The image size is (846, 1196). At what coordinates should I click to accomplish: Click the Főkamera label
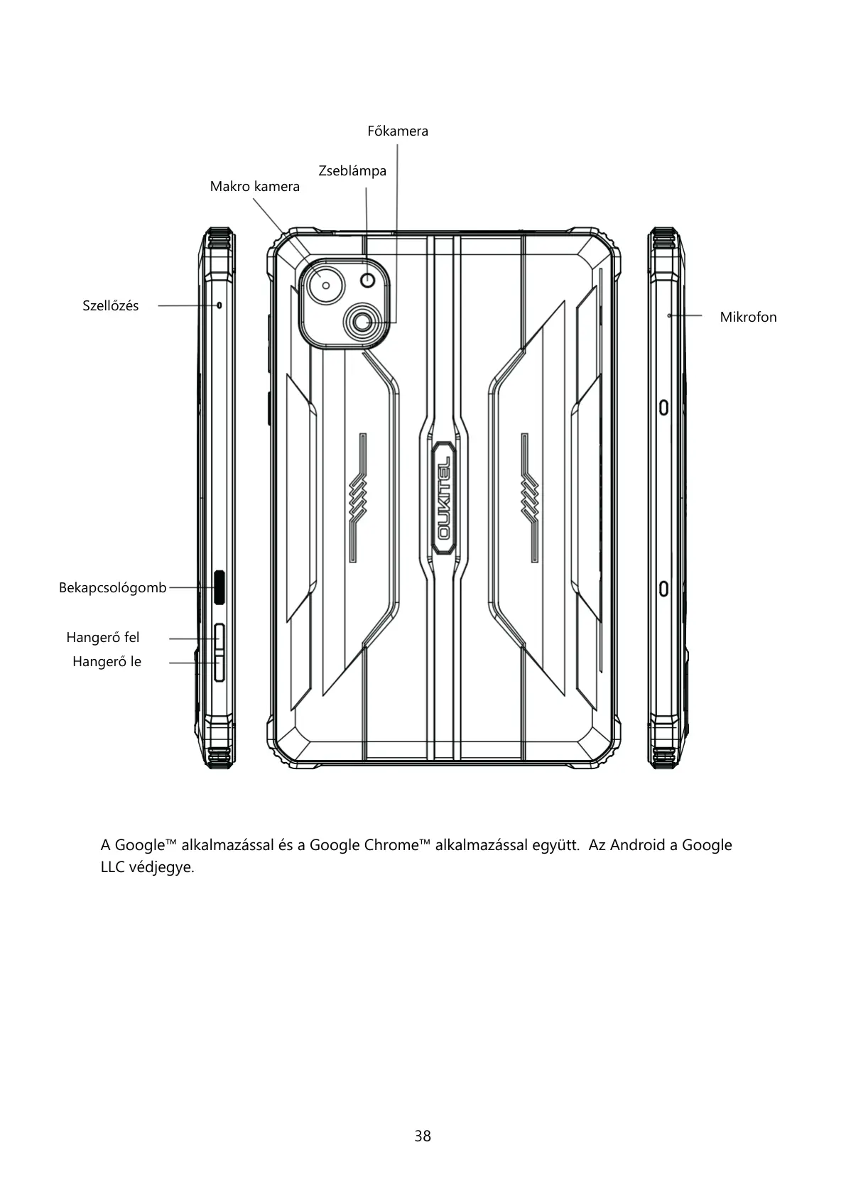(398, 131)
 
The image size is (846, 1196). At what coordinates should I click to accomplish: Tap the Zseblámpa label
(352, 171)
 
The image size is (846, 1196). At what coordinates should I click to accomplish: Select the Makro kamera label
(254, 187)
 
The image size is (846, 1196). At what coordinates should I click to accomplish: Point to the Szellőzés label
(111, 306)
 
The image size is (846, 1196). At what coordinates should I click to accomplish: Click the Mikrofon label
(748, 317)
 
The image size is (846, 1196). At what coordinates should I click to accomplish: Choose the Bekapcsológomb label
(112, 588)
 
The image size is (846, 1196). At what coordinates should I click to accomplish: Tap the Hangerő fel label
(103, 638)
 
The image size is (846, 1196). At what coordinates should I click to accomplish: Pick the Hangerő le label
(107, 662)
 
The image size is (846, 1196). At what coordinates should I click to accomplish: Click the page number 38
(423, 1136)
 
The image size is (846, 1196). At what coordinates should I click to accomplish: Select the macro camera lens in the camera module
(326, 285)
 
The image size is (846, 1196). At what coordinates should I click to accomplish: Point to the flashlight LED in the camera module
(367, 280)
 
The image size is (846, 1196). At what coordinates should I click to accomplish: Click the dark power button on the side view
(219, 587)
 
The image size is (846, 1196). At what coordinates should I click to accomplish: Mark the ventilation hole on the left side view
(219, 305)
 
